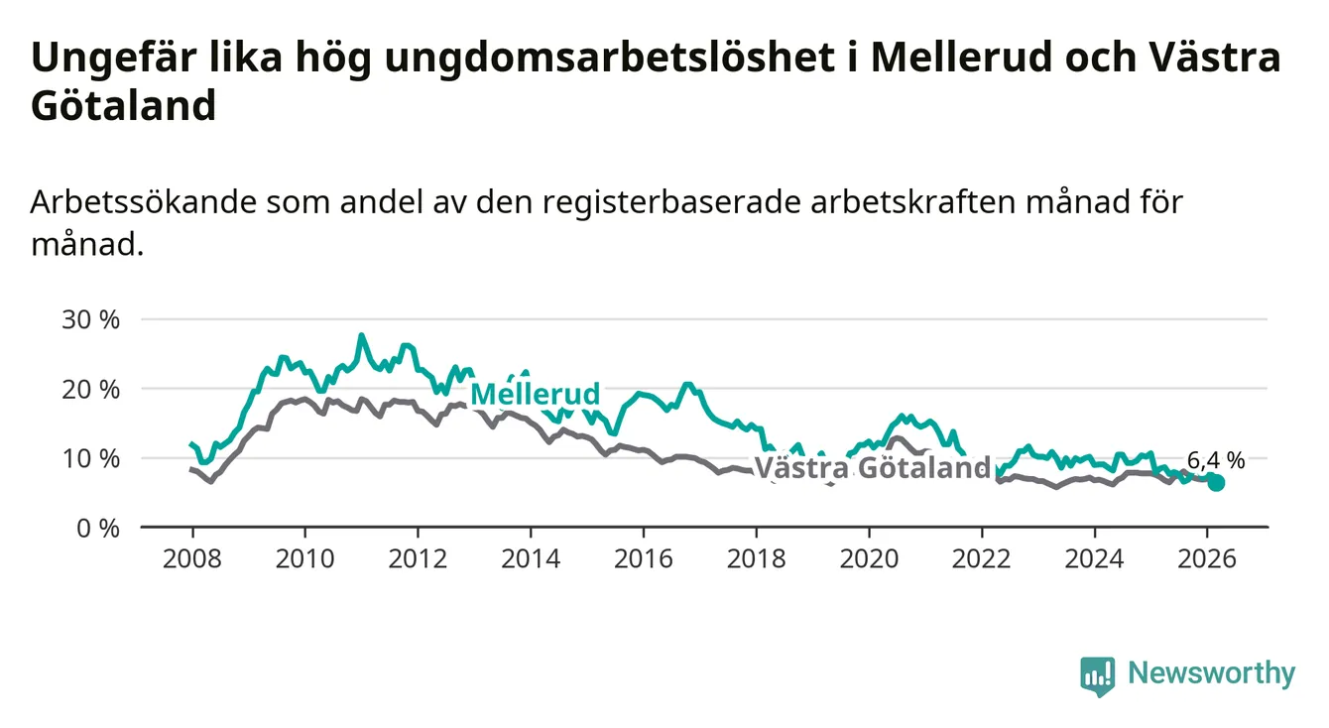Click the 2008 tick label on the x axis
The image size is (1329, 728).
(191, 558)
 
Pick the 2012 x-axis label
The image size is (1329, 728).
(418, 558)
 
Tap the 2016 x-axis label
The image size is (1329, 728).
(643, 558)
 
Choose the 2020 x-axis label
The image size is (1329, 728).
(869, 558)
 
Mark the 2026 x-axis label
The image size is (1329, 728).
(1207, 558)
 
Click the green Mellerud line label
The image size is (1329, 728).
(536, 394)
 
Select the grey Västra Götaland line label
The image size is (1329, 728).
(873, 468)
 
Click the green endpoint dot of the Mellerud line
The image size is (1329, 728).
(1216, 483)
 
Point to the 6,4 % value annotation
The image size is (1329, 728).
(1215, 459)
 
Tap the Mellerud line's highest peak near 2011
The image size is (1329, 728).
(361, 336)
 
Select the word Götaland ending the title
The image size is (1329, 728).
(123, 106)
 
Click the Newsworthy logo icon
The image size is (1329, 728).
(1098, 675)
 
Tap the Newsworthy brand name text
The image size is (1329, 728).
(1211, 674)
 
